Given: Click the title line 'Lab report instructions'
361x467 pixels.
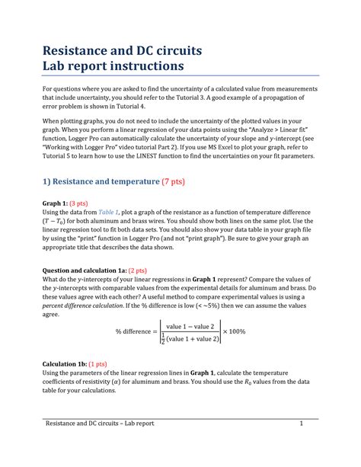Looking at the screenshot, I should coord(112,66).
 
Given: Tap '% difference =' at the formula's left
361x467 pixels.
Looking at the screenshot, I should coord(142,331).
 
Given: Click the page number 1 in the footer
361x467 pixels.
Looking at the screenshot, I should coord(302,444).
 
